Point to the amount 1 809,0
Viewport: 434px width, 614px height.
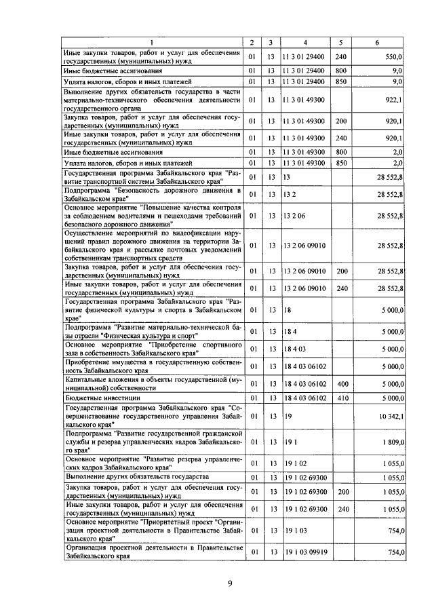click(x=393, y=442)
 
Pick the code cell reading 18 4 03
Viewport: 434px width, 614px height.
click(x=295, y=349)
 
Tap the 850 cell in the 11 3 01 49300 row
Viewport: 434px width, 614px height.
click(x=341, y=164)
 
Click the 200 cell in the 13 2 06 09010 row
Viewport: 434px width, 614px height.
click(x=341, y=271)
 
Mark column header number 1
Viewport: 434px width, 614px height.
click(x=151, y=43)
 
